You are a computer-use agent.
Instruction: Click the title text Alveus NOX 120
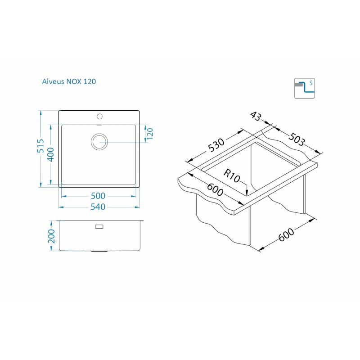69,81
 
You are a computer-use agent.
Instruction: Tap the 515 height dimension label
40,146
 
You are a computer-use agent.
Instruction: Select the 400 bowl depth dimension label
50,154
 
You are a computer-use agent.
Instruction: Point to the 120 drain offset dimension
149,134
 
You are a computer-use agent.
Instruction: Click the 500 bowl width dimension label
98,196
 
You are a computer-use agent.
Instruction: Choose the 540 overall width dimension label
98,207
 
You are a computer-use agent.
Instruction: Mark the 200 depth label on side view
51,236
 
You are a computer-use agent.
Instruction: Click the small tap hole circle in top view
99,117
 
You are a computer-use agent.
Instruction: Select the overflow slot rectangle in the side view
99,227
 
